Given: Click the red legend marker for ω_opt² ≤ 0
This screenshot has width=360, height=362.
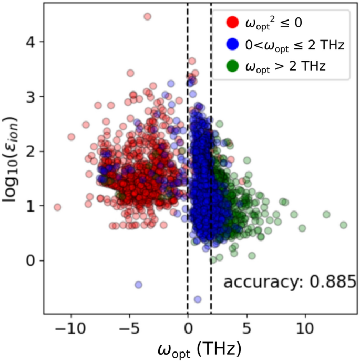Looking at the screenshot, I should [x=232, y=23].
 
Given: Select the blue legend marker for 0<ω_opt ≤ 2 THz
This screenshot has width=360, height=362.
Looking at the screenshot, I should [x=232, y=45].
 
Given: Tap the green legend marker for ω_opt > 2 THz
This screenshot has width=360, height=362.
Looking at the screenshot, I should [x=232, y=66].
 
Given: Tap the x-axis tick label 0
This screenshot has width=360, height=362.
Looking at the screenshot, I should [x=188, y=329].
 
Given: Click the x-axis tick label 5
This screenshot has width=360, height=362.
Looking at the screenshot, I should [x=246, y=329].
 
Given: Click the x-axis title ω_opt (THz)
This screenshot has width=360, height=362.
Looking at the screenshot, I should [x=199, y=349].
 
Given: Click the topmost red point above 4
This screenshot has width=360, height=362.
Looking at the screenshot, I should [x=147, y=16].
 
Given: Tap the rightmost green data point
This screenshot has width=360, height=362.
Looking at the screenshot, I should [x=343, y=225].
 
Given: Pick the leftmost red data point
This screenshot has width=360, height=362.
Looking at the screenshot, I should [x=58, y=207].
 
